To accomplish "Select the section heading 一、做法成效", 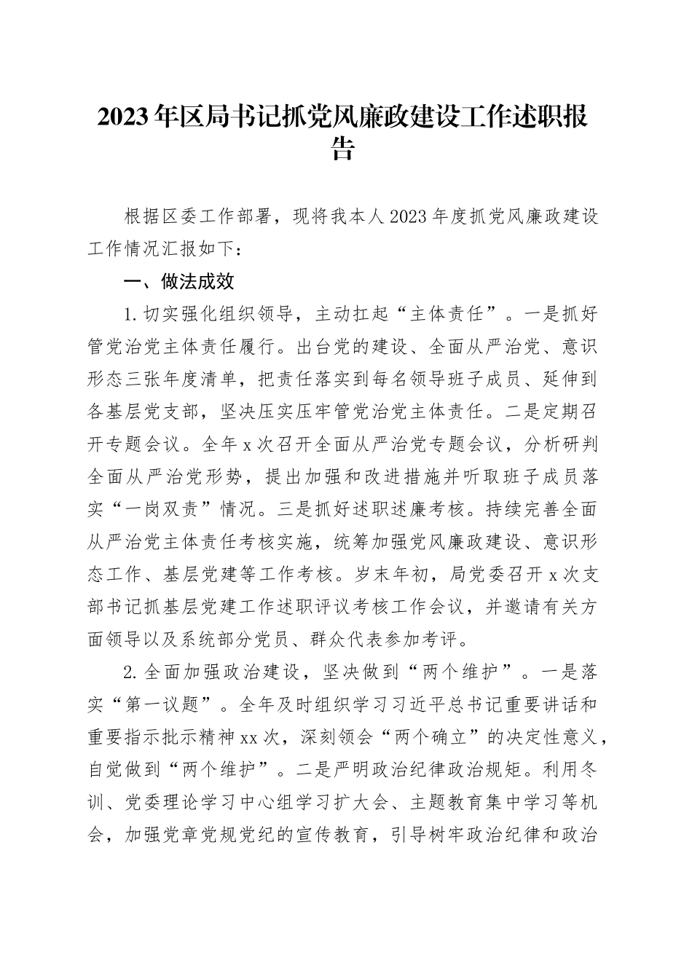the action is [x=180, y=282].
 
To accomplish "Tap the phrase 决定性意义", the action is [x=551, y=736].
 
